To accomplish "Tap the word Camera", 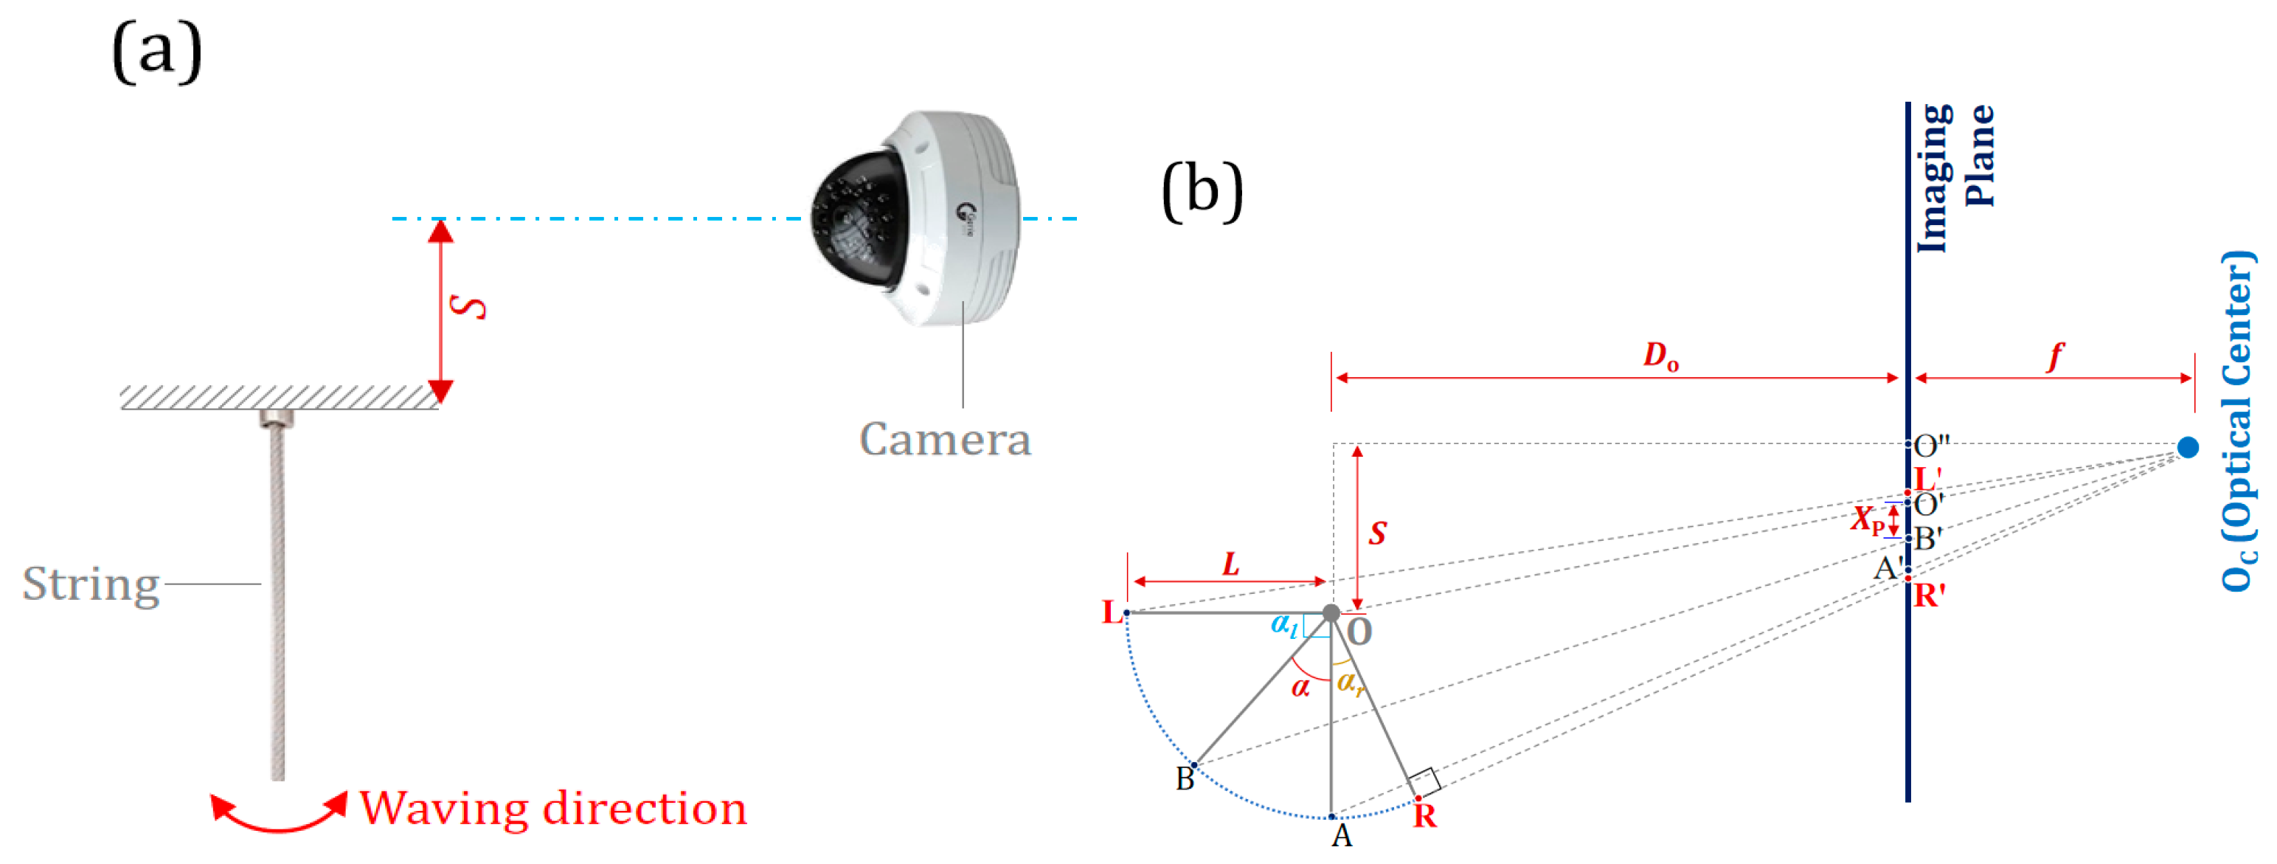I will coord(945,440).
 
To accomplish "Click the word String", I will coord(91,584).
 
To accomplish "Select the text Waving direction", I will coord(553,808).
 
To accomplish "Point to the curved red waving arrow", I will coord(278,815).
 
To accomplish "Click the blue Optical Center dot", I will coord(2188,447).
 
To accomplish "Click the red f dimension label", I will coord(2056,356).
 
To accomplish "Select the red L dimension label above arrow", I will coord(1231,563).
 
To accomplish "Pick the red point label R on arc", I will coord(1424,816).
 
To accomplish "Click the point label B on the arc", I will coord(1185,779).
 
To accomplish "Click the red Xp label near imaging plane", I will coord(1867,520).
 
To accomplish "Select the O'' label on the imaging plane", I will coord(1931,446).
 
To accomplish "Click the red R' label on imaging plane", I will coord(1929,596).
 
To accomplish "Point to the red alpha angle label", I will coord(1300,687).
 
